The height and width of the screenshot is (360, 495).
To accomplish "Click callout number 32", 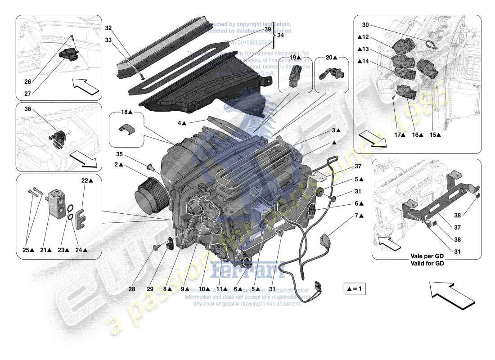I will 108,28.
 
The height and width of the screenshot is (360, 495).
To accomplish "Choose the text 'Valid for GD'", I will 427,264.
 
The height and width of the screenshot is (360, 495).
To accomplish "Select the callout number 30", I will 365,26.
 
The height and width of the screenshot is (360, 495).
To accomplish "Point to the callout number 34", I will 280,34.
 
